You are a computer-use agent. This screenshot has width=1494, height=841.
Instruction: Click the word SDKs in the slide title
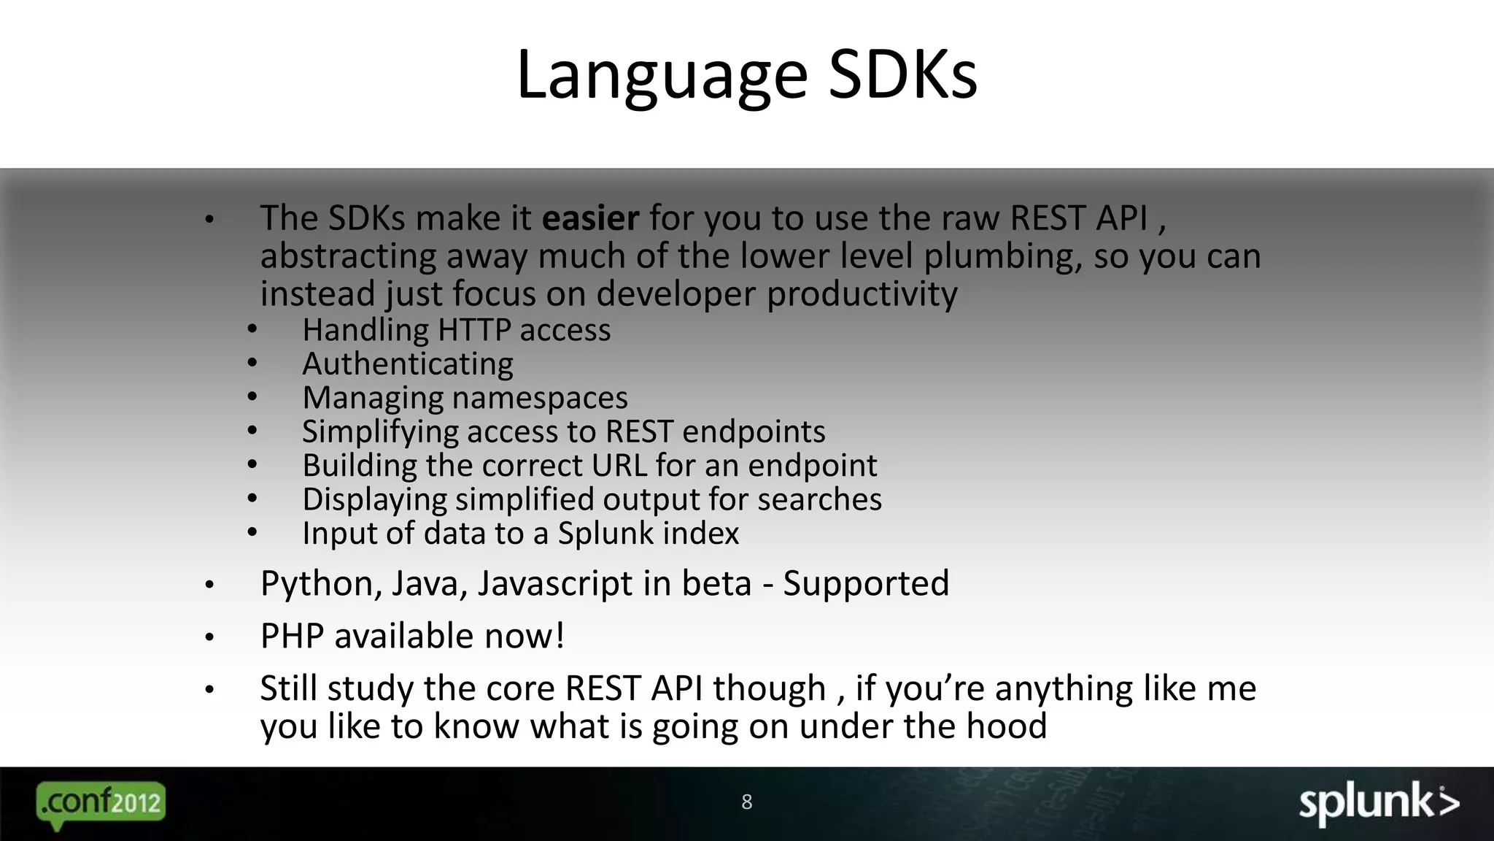902,74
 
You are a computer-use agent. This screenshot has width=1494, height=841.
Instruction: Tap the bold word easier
590,218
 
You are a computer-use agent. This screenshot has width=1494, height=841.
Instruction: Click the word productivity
862,294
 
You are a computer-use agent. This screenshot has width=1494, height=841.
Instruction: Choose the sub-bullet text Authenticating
408,364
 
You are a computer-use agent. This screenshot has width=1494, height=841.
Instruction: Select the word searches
819,499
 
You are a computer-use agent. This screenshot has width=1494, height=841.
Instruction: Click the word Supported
866,583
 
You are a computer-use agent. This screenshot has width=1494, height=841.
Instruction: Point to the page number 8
746,802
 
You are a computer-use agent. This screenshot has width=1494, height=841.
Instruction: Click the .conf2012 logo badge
101,802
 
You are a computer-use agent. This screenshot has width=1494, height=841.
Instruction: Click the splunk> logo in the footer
1378,803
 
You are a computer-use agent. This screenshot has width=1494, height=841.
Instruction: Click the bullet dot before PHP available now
209,638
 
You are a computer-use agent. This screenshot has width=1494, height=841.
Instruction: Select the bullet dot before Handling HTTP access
252,330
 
